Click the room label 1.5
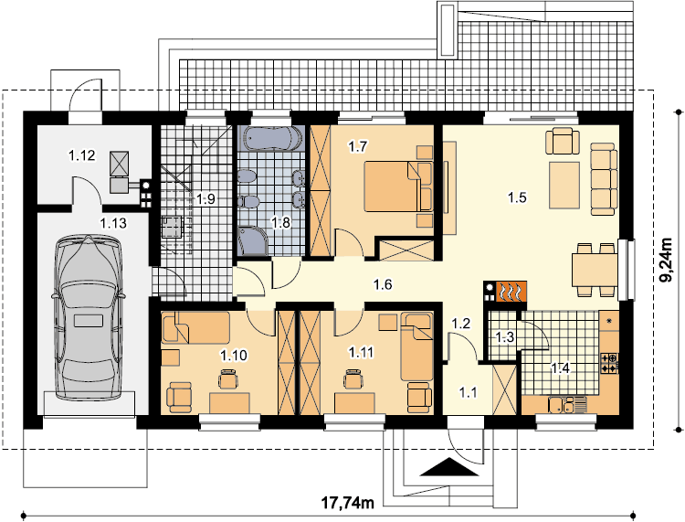517,198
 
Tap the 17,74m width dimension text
348,503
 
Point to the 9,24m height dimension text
668,260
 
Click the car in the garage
88,317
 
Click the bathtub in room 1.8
271,138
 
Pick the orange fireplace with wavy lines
511,292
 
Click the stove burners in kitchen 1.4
609,363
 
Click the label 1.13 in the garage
113,223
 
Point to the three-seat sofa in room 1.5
604,179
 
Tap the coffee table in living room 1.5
564,185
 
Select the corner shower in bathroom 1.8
252,240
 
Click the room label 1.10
234,356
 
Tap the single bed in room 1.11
417,346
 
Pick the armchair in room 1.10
179,398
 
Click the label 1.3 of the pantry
504,337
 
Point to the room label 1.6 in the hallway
383,285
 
